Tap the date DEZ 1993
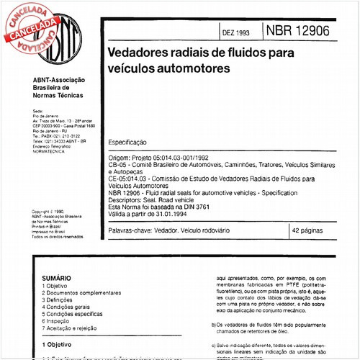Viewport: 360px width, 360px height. pyautogui.click(x=235, y=33)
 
